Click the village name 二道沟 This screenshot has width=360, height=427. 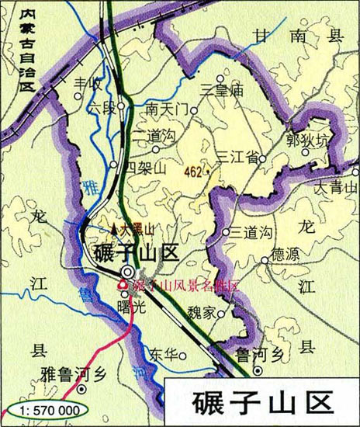click(x=151, y=135)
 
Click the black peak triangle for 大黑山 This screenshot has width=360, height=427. click(x=115, y=228)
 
